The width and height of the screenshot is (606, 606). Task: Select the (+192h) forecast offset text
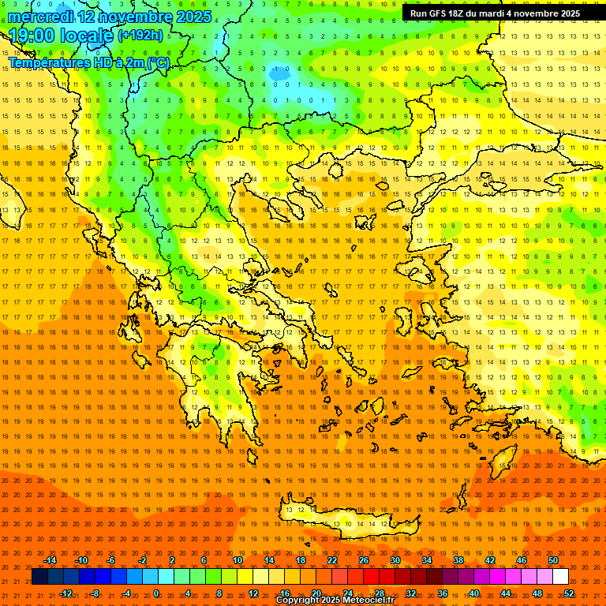140,36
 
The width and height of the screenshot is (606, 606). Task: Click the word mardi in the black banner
492,13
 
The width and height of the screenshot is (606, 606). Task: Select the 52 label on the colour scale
569,593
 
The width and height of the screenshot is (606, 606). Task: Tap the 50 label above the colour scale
553,560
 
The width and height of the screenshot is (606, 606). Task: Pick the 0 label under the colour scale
156,593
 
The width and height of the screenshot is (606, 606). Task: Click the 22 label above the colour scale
332,560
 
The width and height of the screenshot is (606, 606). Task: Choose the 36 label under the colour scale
443,593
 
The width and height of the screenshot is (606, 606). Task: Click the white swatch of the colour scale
560,577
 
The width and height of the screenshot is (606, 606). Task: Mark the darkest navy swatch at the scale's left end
39,577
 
